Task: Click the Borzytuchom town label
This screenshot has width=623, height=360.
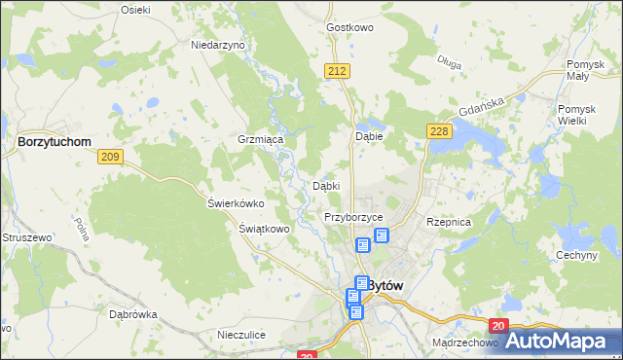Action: pos(55,141)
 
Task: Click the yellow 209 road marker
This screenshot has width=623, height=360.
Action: pos(109,157)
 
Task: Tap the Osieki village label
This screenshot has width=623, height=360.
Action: pos(135,9)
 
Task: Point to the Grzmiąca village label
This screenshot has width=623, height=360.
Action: pos(260,139)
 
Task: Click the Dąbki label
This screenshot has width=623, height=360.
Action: pos(325,185)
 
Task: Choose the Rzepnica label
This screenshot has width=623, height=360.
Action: pos(449,222)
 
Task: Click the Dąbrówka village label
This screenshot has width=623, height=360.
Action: pos(133,314)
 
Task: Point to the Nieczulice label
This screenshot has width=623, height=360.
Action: pos(241,335)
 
